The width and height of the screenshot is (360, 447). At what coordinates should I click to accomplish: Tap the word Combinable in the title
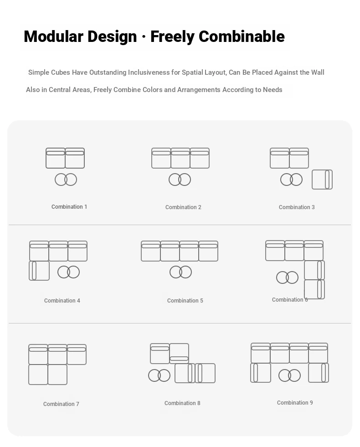click(x=242, y=36)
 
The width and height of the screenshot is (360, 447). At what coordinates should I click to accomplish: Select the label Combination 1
click(x=69, y=207)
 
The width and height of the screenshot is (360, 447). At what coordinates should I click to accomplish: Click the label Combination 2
click(x=183, y=207)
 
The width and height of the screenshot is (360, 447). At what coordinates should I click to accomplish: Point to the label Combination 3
click(x=297, y=207)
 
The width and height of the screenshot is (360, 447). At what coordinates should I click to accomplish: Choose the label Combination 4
click(x=62, y=300)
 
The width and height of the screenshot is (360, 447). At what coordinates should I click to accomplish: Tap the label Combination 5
click(x=185, y=300)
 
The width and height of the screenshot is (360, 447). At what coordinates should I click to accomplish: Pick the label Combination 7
click(x=61, y=404)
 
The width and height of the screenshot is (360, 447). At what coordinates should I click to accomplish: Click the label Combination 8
click(x=182, y=403)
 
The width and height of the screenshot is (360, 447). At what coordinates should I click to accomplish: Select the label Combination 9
click(x=295, y=402)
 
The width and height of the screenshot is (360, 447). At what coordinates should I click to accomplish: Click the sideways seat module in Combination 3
click(x=322, y=180)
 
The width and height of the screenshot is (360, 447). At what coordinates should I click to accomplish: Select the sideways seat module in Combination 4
click(x=39, y=271)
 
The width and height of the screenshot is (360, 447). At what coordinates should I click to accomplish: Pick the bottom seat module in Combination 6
click(x=314, y=289)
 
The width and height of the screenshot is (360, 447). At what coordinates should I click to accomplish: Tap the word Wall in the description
click(x=318, y=72)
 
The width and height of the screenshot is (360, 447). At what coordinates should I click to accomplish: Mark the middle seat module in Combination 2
click(x=180, y=158)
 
